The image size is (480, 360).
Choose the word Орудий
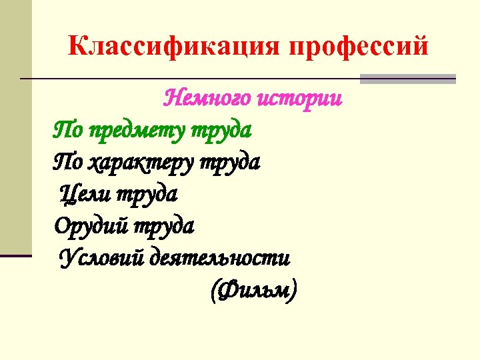pyautogui.click(x=91, y=226)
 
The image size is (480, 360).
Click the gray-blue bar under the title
pyautogui.click(x=407, y=79)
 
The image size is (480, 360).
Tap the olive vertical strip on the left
pyautogui.click(x=15, y=133)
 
